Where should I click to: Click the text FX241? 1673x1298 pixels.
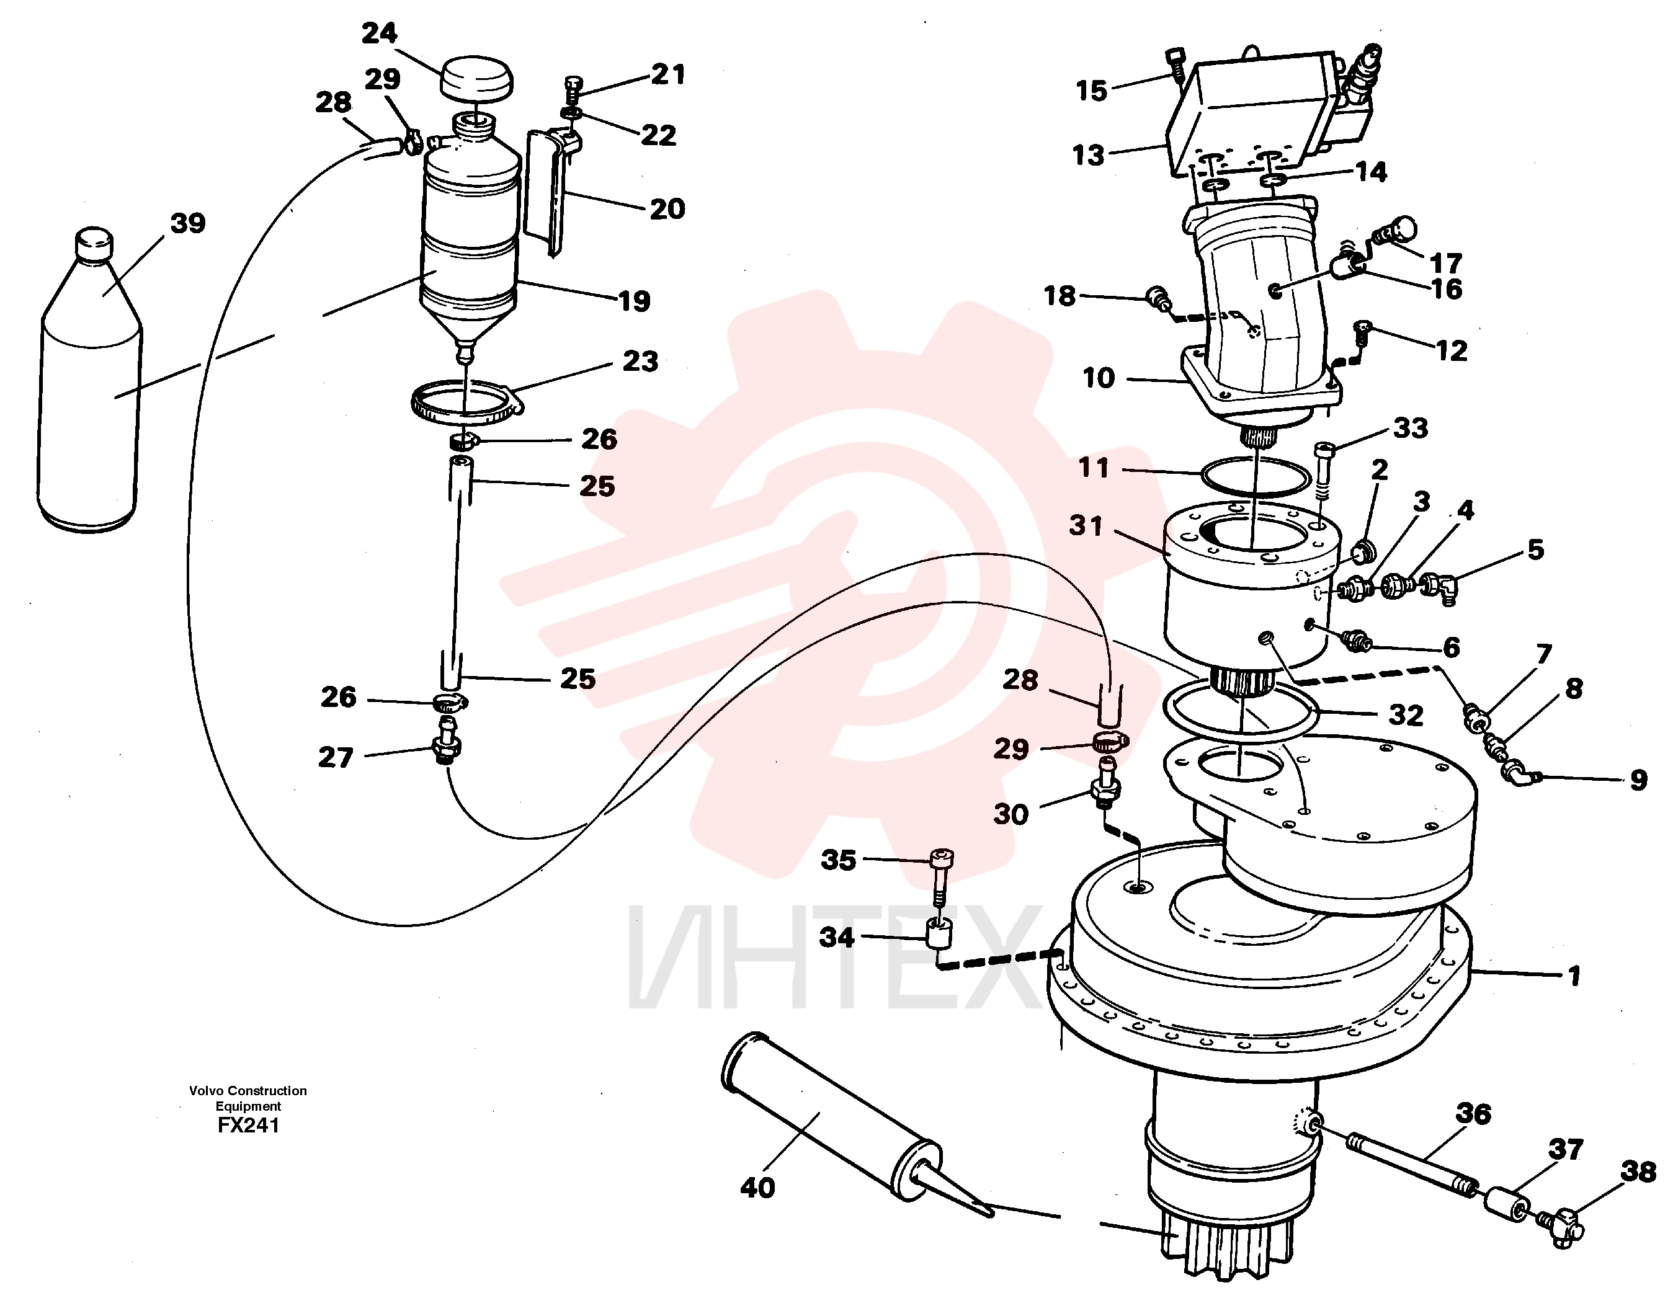[248, 1125]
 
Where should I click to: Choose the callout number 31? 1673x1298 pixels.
[1086, 525]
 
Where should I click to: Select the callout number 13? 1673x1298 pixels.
[1088, 154]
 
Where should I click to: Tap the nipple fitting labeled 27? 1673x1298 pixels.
[447, 740]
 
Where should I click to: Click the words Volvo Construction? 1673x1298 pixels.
[248, 1090]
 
